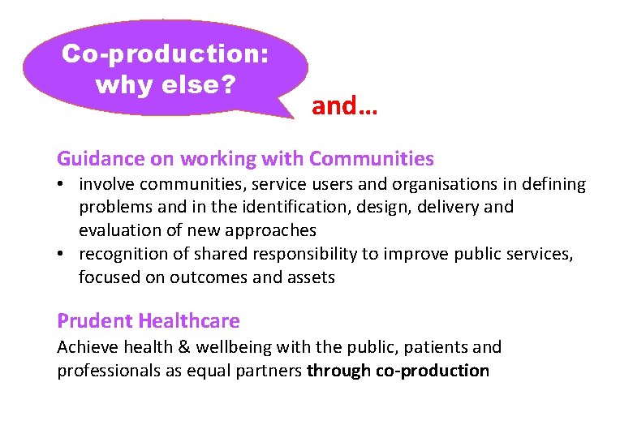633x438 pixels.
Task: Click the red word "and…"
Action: pyautogui.click(x=344, y=105)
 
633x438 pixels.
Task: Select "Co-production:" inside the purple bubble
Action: pyautogui.click(x=166, y=54)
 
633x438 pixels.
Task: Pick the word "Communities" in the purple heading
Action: pyautogui.click(x=372, y=158)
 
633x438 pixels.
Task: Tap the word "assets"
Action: pyautogui.click(x=311, y=277)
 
